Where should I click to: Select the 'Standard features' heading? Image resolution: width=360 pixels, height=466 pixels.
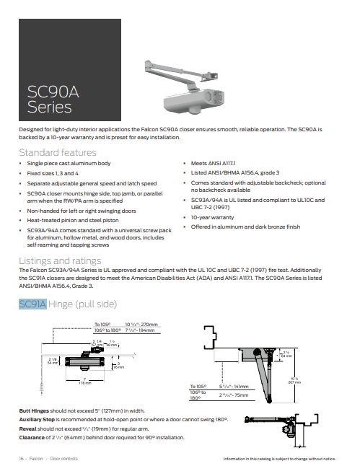coord(57,153)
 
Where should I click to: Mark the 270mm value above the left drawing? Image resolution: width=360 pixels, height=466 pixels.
coord(148,325)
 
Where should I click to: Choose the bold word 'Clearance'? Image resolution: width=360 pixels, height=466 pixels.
coord(32,437)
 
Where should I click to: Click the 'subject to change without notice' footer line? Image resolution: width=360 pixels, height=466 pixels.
coord(290,458)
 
